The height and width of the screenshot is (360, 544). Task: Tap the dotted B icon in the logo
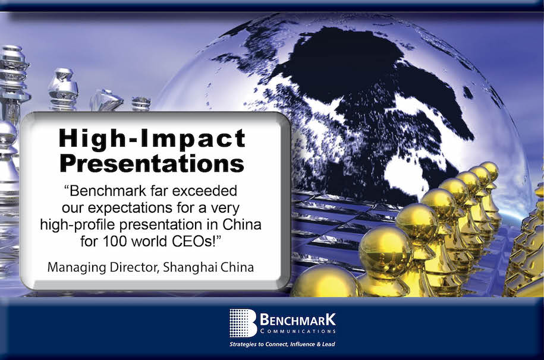coord(243,323)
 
